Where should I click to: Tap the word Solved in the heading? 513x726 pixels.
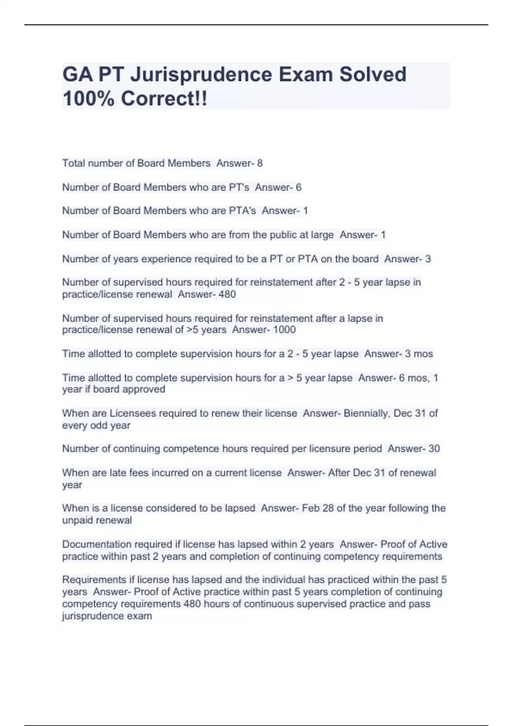click(x=373, y=74)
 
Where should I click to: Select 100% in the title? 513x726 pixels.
click(x=88, y=99)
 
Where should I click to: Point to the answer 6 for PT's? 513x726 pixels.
click(x=298, y=187)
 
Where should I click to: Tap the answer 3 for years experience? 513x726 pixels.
click(x=428, y=259)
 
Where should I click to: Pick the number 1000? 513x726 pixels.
click(x=284, y=330)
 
